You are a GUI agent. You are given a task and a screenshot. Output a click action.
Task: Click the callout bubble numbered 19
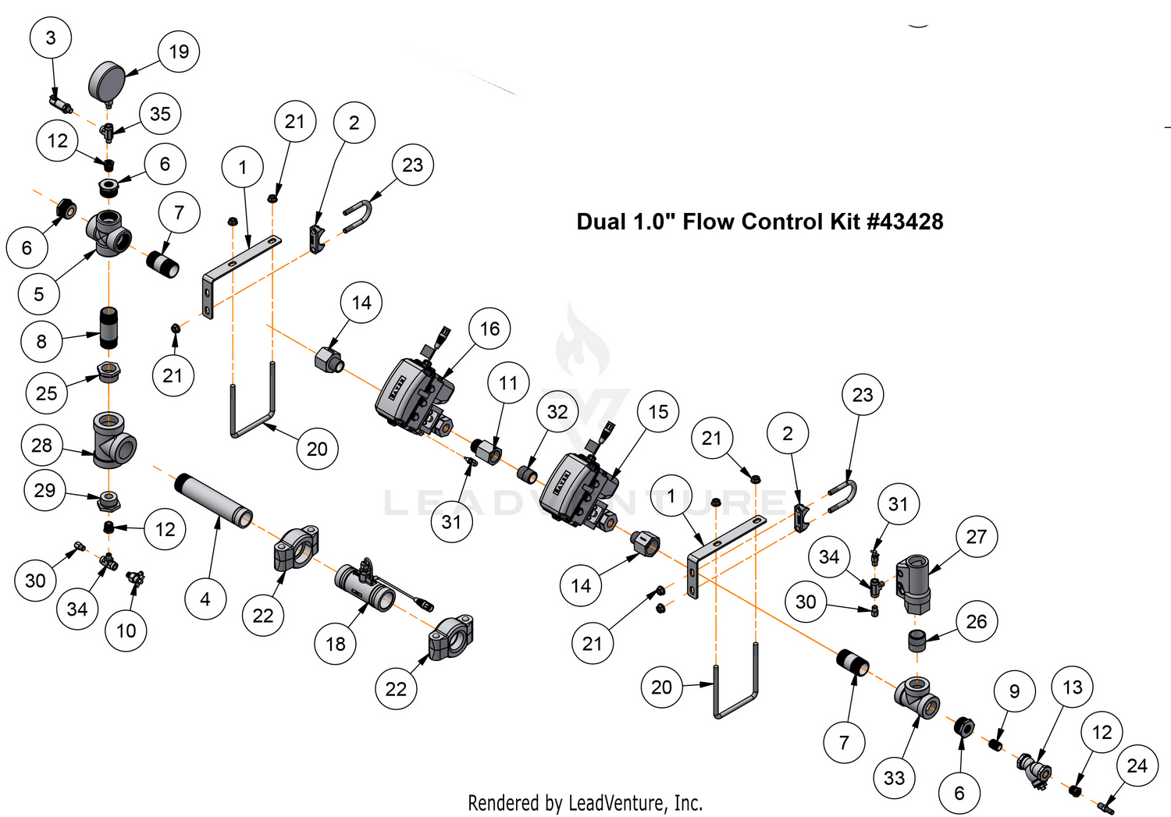179,52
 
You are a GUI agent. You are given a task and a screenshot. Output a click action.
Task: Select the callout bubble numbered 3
51,37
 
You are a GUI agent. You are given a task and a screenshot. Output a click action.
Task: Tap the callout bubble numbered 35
160,114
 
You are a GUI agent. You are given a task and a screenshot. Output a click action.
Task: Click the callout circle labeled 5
38,294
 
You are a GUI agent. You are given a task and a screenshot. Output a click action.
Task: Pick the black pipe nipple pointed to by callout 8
109,329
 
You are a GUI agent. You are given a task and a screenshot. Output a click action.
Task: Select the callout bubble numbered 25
46,393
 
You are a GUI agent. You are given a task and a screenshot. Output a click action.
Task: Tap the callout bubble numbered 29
44,490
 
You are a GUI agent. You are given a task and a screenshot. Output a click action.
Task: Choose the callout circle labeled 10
126,631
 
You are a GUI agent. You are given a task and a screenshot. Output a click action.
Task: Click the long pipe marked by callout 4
213,500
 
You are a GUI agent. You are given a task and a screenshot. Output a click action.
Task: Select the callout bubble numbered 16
489,329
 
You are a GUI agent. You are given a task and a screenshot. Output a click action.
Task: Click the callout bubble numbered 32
557,411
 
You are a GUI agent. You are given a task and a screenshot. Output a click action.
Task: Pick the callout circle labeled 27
977,536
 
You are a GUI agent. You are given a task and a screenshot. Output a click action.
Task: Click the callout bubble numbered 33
894,777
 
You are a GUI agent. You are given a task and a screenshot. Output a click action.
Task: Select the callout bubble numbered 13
1073,687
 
